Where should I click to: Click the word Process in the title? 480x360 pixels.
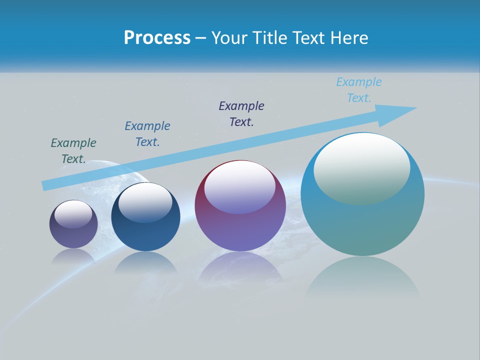(157, 38)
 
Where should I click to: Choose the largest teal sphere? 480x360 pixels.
(362, 220)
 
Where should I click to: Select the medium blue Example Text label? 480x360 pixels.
(147, 134)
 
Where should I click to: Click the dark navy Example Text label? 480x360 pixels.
(241, 114)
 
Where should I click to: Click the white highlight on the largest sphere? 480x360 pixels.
(362, 167)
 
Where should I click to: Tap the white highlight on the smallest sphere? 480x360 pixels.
(73, 214)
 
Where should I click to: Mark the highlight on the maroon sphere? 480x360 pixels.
(240, 186)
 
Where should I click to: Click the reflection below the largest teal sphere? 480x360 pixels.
(362, 277)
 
